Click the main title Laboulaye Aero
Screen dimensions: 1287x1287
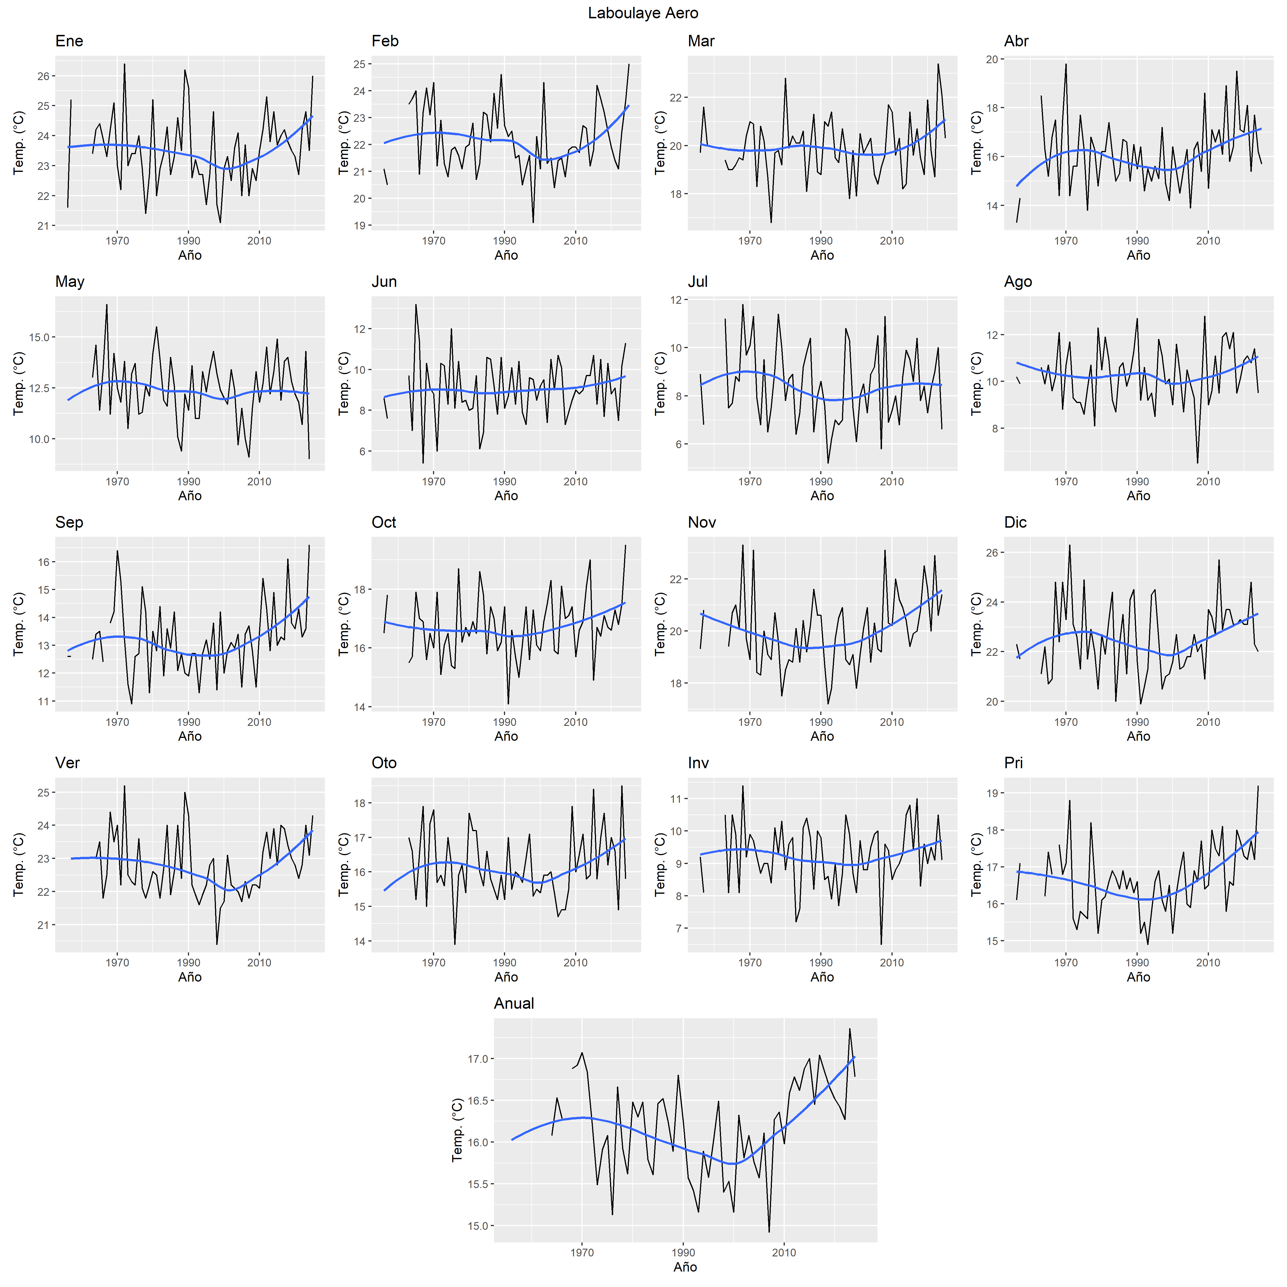pos(643,13)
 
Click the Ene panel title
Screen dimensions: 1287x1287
pos(69,41)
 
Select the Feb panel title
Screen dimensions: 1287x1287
pos(385,41)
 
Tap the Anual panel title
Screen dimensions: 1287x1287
pos(514,1003)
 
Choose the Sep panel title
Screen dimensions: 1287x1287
pos(69,522)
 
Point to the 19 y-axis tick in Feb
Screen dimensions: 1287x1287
pos(360,226)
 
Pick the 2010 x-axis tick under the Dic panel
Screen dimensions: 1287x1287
pos(1208,722)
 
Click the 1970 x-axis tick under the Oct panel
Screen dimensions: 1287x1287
pos(434,722)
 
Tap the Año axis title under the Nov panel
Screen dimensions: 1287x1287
pos(822,736)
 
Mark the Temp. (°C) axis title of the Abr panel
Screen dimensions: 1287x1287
pos(977,143)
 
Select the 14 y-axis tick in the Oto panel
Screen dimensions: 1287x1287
pos(360,941)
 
